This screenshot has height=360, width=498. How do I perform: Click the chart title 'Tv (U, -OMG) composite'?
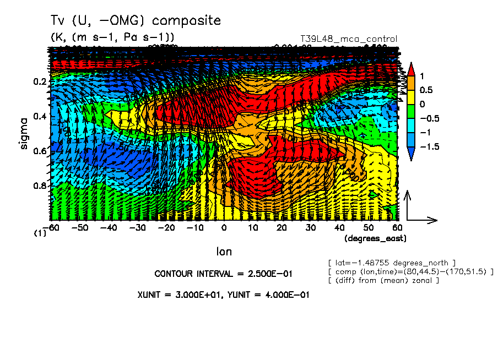tap(136, 21)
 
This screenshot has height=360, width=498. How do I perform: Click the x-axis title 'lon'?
tap(224, 252)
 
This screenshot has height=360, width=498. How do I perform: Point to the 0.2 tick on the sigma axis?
tap(40, 82)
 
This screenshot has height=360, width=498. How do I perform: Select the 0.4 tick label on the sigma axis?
tap(40, 117)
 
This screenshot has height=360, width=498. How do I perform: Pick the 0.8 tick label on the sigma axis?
tap(40, 186)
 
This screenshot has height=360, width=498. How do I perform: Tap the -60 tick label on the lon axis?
tap(52, 227)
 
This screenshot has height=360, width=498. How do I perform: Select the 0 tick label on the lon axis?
tap(224, 227)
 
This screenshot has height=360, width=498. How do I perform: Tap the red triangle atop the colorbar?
tap(410, 69)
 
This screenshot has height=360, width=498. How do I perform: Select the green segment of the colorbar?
tap(410, 111)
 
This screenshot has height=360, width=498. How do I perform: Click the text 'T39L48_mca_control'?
tap(348, 39)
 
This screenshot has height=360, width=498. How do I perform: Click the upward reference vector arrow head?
tap(407, 195)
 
